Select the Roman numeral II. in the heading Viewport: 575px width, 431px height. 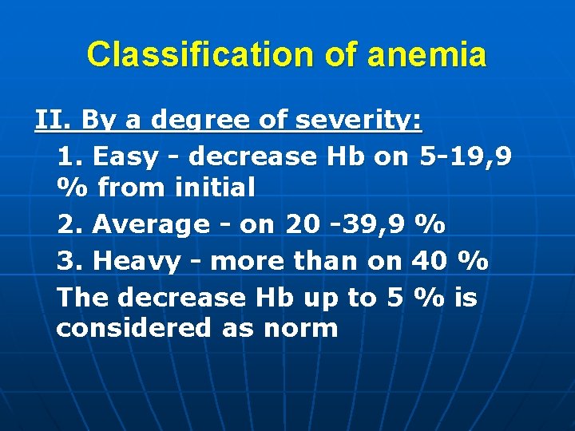point(53,121)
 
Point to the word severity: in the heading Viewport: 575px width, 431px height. point(359,121)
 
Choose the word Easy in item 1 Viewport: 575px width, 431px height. point(125,156)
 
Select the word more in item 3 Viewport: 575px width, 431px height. point(248,261)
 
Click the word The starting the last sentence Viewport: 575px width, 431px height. point(83,298)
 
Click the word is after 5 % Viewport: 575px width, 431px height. point(465,298)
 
